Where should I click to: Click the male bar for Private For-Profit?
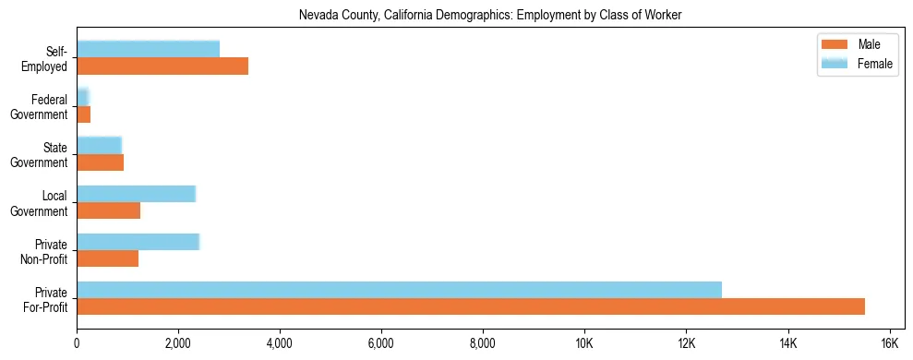pos(471,306)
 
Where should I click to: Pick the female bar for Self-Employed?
pos(148,50)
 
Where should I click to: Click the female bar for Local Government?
pos(136,194)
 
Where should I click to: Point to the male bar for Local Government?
pos(108,210)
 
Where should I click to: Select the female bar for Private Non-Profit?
pos(138,242)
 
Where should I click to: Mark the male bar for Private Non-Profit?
pos(107,258)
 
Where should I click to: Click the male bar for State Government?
pos(100,162)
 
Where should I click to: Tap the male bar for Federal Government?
pos(83,114)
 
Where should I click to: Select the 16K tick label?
pos(888,343)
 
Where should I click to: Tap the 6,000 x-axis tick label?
pos(380,343)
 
